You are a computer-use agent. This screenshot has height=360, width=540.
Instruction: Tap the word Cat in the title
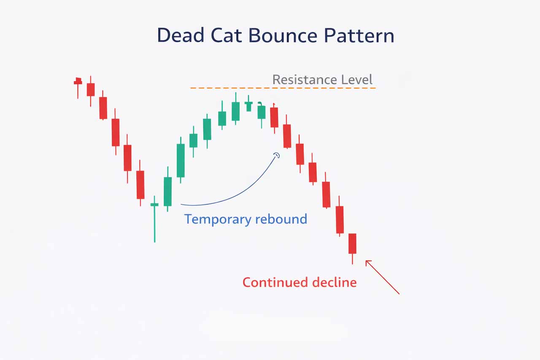click(x=226, y=35)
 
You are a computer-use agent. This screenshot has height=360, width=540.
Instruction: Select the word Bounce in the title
click(x=283, y=35)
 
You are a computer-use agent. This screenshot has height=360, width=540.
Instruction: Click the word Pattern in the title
click(x=359, y=35)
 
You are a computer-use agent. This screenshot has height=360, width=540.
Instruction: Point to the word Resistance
click(x=305, y=79)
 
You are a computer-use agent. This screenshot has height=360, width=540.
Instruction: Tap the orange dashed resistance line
click(x=283, y=88)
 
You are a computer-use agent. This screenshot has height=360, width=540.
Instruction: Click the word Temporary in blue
click(x=218, y=219)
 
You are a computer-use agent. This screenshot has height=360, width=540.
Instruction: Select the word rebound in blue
click(x=281, y=219)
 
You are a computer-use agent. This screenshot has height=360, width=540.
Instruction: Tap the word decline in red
click(x=335, y=282)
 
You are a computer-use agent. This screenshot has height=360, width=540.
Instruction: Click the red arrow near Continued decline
click(x=382, y=277)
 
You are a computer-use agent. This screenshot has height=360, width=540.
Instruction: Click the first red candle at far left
click(x=78, y=88)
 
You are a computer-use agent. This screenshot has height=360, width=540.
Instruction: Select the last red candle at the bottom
click(x=352, y=249)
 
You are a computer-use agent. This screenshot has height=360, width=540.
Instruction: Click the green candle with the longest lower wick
click(x=154, y=218)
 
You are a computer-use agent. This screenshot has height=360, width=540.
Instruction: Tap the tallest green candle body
click(x=181, y=160)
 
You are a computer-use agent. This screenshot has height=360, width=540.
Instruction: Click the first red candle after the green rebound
click(x=274, y=118)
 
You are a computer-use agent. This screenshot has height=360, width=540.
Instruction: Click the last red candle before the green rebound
click(x=140, y=183)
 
